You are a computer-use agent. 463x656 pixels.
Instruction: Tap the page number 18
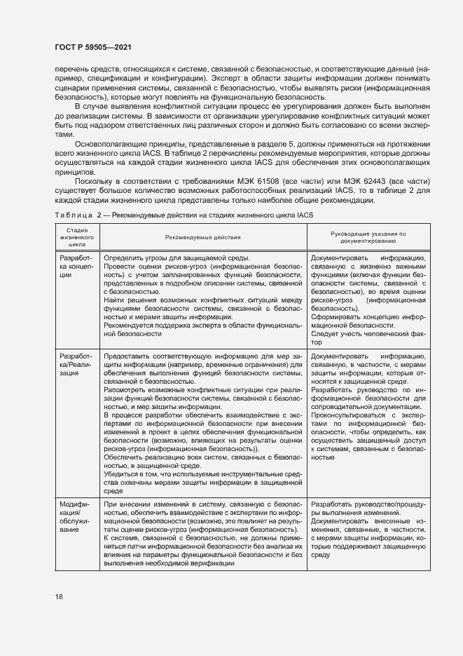coord(60,596)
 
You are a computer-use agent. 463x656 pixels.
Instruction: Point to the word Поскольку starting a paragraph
coord(91,182)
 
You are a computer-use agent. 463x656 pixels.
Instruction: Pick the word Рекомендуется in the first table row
coord(128,326)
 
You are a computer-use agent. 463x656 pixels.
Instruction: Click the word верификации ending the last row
coord(211,563)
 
